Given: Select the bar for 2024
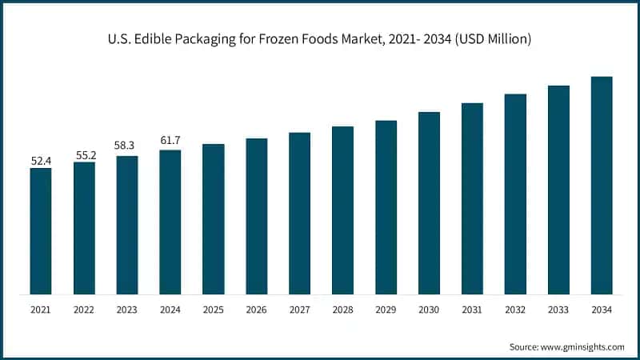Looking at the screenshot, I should click(x=170, y=222).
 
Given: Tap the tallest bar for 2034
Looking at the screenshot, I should click(x=602, y=185).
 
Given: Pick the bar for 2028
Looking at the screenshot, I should click(x=342, y=210).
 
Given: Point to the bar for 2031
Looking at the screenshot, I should click(x=472, y=198).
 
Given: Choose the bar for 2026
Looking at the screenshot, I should click(x=256, y=216).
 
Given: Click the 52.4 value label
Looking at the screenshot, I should click(x=41, y=161).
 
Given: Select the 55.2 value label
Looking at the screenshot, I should click(x=84, y=154).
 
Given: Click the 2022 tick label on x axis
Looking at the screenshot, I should click(x=84, y=309).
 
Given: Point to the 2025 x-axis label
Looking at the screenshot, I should click(x=214, y=309).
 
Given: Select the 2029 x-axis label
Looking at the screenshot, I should click(x=386, y=309).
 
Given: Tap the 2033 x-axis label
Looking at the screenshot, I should click(x=558, y=309).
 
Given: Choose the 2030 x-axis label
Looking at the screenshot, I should click(x=430, y=309).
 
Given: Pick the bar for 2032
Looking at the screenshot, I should click(x=515, y=194).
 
